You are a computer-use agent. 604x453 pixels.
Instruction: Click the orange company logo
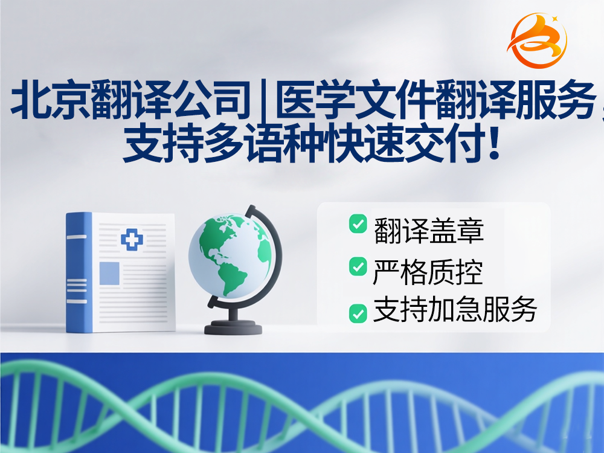tap(538, 40)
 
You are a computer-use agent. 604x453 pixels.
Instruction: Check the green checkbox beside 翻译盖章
tap(358, 223)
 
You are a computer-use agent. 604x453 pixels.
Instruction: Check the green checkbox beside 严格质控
tap(358, 266)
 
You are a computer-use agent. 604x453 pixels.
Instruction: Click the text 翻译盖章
tap(429, 231)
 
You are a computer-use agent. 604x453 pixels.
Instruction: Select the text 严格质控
tap(428, 272)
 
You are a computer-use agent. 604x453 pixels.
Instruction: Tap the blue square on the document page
tap(109, 273)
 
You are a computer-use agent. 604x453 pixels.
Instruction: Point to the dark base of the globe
tap(233, 328)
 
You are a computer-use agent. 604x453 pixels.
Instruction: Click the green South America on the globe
tap(233, 278)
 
